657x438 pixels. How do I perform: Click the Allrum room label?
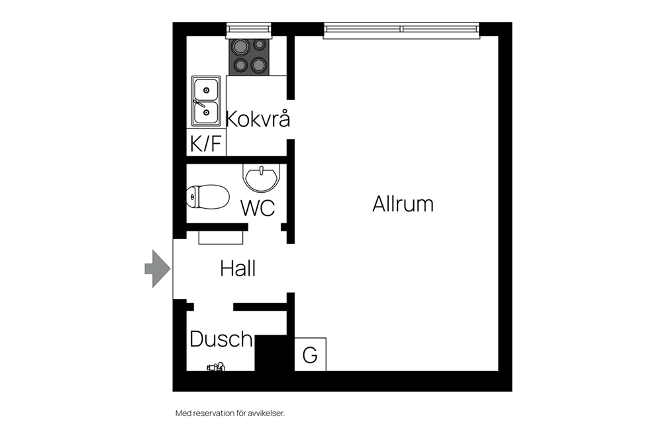tap(403, 204)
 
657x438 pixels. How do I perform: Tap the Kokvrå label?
tap(258, 119)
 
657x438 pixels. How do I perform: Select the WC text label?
tap(258, 208)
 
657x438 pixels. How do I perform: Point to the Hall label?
tap(238, 268)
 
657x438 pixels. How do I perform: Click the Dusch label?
tap(221, 339)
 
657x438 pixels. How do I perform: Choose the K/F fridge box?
tap(206, 142)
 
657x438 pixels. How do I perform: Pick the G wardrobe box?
tap(310, 355)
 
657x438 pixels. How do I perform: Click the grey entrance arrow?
tap(158, 268)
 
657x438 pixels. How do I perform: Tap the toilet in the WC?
tap(208, 197)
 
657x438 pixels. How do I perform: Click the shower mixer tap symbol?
tap(216, 366)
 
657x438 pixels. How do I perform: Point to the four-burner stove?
tap(249, 56)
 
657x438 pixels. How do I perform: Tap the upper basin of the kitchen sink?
tap(206, 89)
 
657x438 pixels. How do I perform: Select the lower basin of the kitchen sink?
tap(206, 113)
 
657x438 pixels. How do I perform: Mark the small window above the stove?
tap(249, 29)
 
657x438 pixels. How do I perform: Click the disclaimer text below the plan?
tap(230, 413)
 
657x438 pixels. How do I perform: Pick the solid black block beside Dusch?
tap(271, 353)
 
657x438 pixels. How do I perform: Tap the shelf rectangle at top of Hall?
tap(221, 237)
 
